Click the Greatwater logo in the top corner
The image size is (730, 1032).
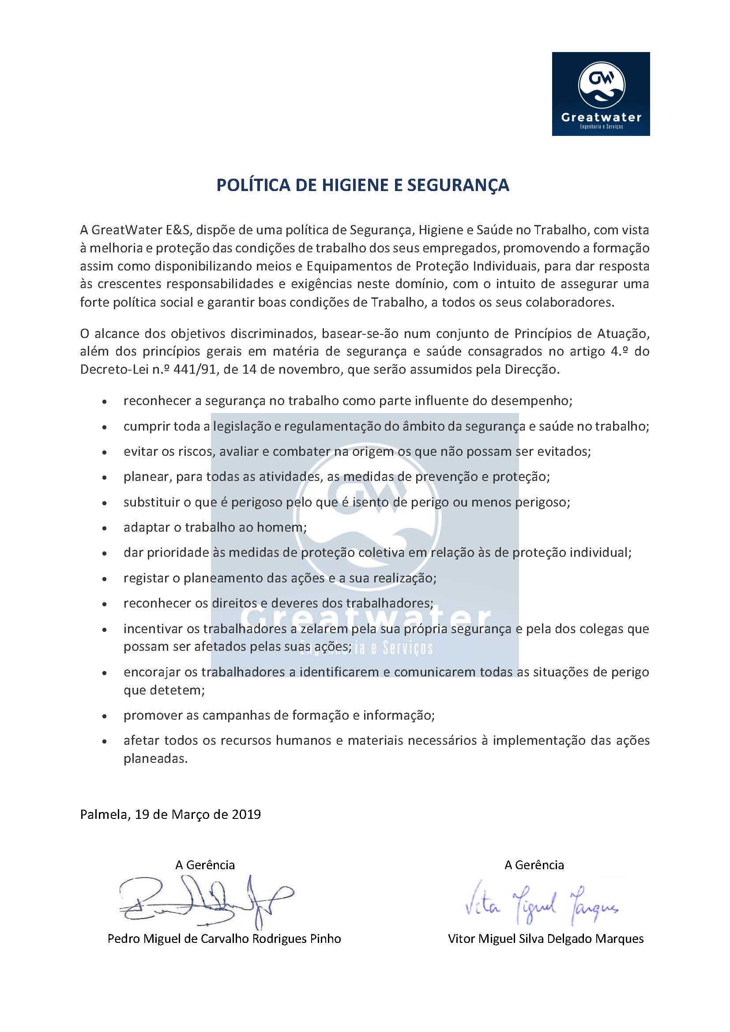(601, 94)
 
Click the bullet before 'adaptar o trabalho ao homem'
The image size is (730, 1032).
(105, 528)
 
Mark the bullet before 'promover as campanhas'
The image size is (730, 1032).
(105, 716)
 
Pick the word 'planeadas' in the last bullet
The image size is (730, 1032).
(155, 759)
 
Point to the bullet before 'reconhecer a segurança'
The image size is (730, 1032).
(105, 402)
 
